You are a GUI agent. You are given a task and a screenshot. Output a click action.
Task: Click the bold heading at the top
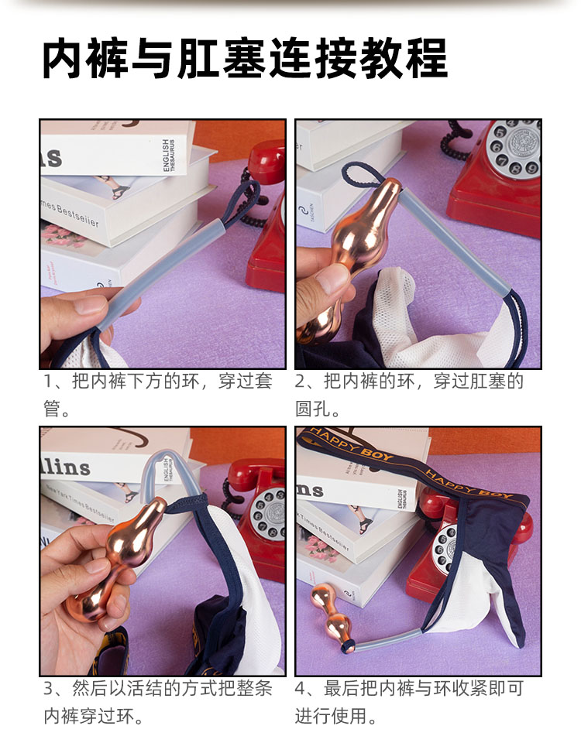click(245, 58)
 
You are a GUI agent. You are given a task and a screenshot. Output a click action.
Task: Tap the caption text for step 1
click(158, 394)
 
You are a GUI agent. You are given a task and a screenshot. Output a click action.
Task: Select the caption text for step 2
click(409, 394)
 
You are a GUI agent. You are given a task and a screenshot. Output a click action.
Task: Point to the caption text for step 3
click(158, 702)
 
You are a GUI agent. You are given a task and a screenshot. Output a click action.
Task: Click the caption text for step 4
click(409, 702)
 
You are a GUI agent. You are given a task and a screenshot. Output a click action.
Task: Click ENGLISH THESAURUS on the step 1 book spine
click(169, 155)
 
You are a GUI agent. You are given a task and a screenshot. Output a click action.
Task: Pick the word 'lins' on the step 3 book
click(66, 466)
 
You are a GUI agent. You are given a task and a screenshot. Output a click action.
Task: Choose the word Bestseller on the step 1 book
click(78, 215)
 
